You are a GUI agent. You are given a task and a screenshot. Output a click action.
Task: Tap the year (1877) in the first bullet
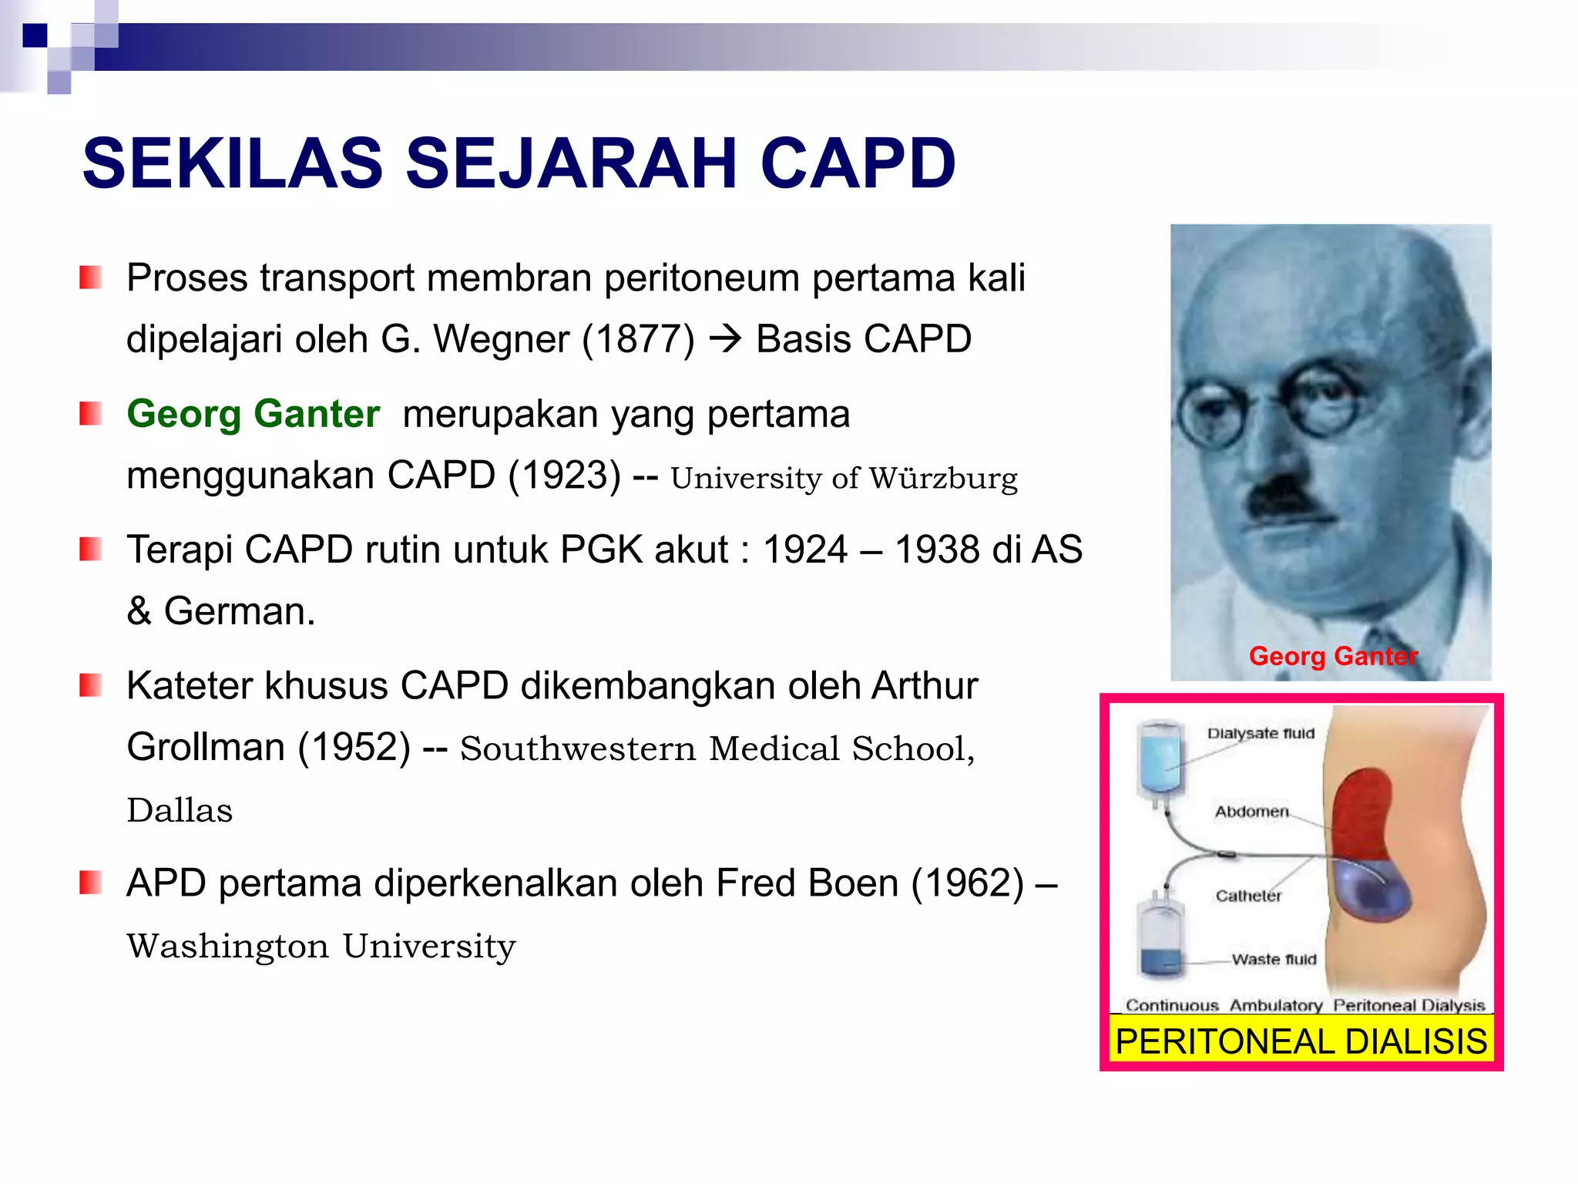[639, 339]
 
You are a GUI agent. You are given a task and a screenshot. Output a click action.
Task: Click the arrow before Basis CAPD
[724, 339]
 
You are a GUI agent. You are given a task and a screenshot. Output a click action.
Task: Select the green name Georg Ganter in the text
[253, 414]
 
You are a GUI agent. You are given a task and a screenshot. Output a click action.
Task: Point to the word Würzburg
[944, 478]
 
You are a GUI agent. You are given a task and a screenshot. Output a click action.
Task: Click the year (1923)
[565, 475]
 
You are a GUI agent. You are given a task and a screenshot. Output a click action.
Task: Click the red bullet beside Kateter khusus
[91, 685]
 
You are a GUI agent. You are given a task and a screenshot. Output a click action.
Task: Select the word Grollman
[206, 747]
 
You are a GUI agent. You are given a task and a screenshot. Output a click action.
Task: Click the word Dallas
[180, 810]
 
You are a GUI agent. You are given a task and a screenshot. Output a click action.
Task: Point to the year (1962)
[969, 883]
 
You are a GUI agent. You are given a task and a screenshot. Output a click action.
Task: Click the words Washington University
[321, 947]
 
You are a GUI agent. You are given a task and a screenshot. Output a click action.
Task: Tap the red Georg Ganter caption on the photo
[1333, 656]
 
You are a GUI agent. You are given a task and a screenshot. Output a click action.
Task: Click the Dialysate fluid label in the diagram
[1261, 733]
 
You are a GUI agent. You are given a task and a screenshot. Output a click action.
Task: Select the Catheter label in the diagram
[1248, 896]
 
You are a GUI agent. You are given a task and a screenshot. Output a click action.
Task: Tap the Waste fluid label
[1274, 960]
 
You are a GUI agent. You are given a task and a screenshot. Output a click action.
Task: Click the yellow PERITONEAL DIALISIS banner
[1301, 1041]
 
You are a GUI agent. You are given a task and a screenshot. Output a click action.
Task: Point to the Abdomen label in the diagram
[1251, 812]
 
